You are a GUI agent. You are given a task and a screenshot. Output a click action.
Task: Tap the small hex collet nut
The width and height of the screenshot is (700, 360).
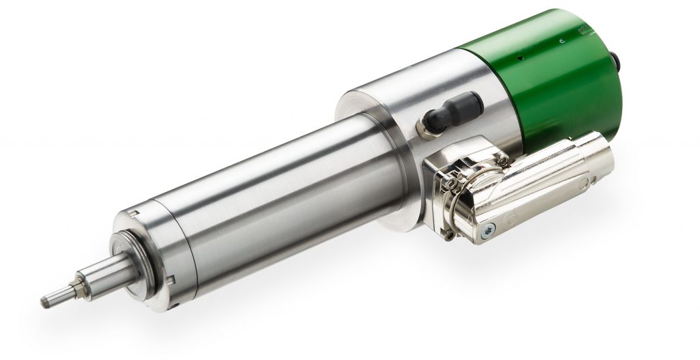coord(84,281)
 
